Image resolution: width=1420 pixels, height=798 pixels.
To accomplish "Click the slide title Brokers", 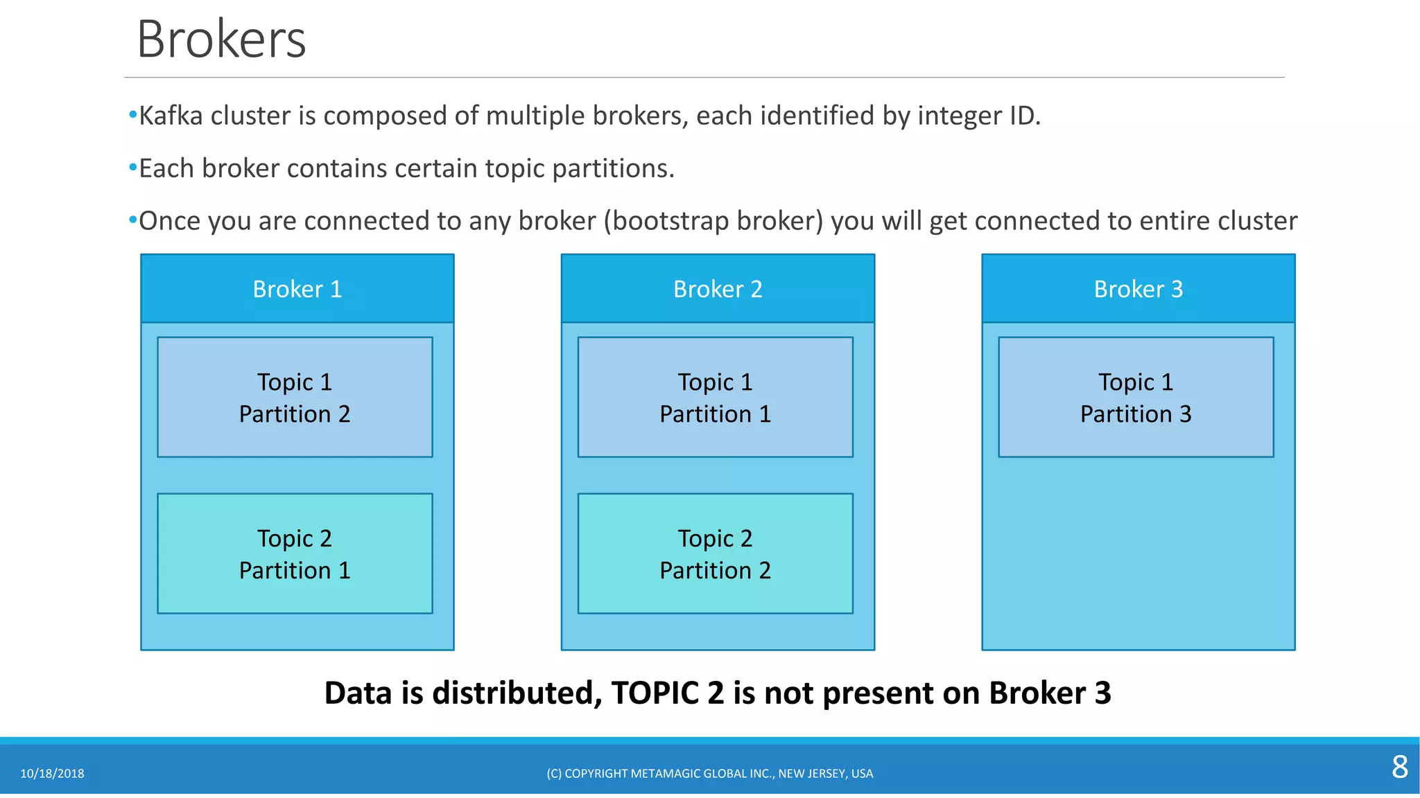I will [221, 39].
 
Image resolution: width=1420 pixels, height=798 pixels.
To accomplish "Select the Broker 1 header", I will [297, 289].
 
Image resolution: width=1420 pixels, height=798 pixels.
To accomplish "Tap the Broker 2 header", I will [718, 289].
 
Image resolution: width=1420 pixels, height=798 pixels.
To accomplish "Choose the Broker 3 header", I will [1138, 289].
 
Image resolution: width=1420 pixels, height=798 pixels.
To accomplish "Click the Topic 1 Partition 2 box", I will [295, 398].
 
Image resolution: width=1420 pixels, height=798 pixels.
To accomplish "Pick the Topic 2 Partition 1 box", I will [295, 553].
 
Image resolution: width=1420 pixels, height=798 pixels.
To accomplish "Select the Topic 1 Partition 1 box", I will [715, 398].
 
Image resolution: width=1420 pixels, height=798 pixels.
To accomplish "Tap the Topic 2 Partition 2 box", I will [715, 553].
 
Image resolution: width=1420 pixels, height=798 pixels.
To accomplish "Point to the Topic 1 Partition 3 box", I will [1136, 398].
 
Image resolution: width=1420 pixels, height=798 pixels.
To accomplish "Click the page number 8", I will [1399, 767].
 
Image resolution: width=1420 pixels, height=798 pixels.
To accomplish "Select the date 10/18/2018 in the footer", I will [52, 774].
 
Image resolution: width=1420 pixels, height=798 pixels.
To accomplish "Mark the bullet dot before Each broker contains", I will [132, 168].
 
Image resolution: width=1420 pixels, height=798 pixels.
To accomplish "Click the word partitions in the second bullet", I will [613, 168].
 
